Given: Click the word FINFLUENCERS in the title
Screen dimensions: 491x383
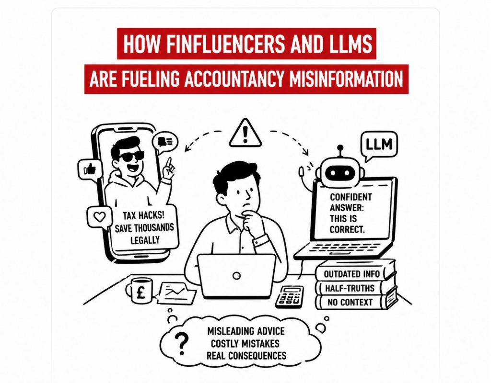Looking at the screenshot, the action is tap(225, 44).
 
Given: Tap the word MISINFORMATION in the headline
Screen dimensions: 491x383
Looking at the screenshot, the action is tap(346, 79).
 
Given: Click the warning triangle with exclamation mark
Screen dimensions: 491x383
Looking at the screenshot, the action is tap(245, 133).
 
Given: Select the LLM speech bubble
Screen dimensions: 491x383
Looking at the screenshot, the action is tap(379, 146).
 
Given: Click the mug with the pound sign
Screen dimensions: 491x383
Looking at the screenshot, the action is tap(140, 291).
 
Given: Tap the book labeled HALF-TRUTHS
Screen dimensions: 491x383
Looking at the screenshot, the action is tap(355, 288).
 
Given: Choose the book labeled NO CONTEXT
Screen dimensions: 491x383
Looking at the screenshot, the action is tap(356, 302).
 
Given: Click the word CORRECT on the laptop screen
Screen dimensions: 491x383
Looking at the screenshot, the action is tap(347, 229).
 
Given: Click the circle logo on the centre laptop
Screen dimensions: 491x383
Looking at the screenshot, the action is tap(237, 276).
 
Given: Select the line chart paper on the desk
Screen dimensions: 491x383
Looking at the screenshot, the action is tap(176, 293).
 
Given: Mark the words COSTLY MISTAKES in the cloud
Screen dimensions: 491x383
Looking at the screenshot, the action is tap(245, 344).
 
